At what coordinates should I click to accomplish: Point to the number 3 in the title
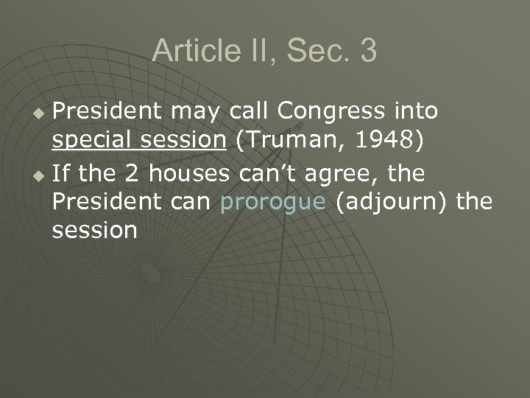pyautogui.click(x=368, y=51)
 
